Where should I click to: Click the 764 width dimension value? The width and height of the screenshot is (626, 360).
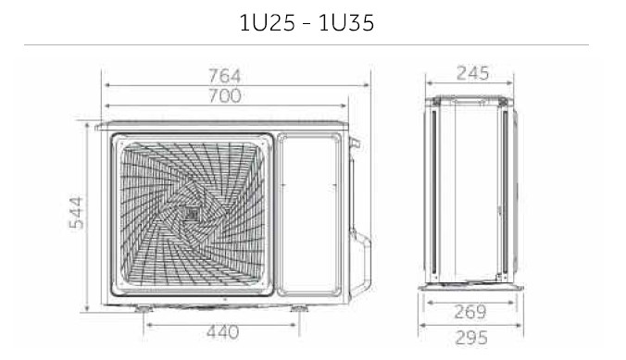pyautogui.click(x=225, y=76)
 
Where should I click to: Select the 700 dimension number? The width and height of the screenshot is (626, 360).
pyautogui.click(x=225, y=96)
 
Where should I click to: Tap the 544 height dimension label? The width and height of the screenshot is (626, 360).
pyautogui.click(x=77, y=213)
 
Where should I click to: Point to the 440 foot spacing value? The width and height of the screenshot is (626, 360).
pyautogui.click(x=223, y=332)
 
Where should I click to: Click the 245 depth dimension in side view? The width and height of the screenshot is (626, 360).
pyautogui.click(x=472, y=73)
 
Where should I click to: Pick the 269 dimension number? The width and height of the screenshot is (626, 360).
pyautogui.click(x=470, y=312)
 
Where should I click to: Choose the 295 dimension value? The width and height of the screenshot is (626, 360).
pyautogui.click(x=471, y=338)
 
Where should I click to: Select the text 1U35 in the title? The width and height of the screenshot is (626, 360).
pyautogui.click(x=346, y=23)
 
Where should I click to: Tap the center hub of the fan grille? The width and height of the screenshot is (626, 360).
pyautogui.click(x=191, y=214)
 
